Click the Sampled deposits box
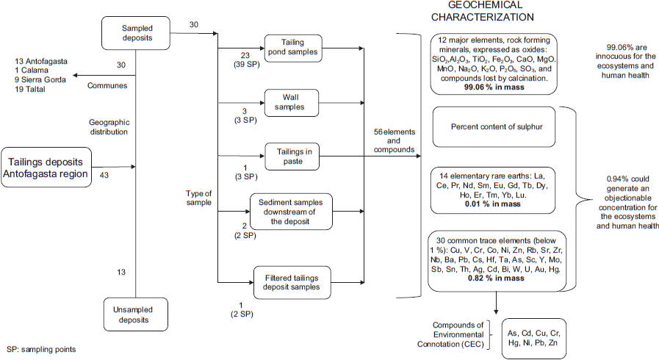click(136, 32)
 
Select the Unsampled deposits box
click(136, 314)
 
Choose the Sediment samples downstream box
click(291, 212)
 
